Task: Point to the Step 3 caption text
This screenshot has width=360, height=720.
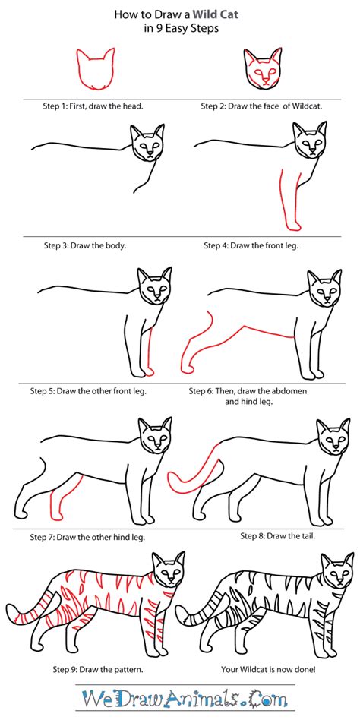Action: coord(85,245)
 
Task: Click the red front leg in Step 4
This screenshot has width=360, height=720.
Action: coord(289,200)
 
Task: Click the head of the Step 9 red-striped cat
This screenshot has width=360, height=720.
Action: coord(168,570)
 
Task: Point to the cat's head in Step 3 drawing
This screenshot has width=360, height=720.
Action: coord(147,142)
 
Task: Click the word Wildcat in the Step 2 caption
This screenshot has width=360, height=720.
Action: coord(308,106)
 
